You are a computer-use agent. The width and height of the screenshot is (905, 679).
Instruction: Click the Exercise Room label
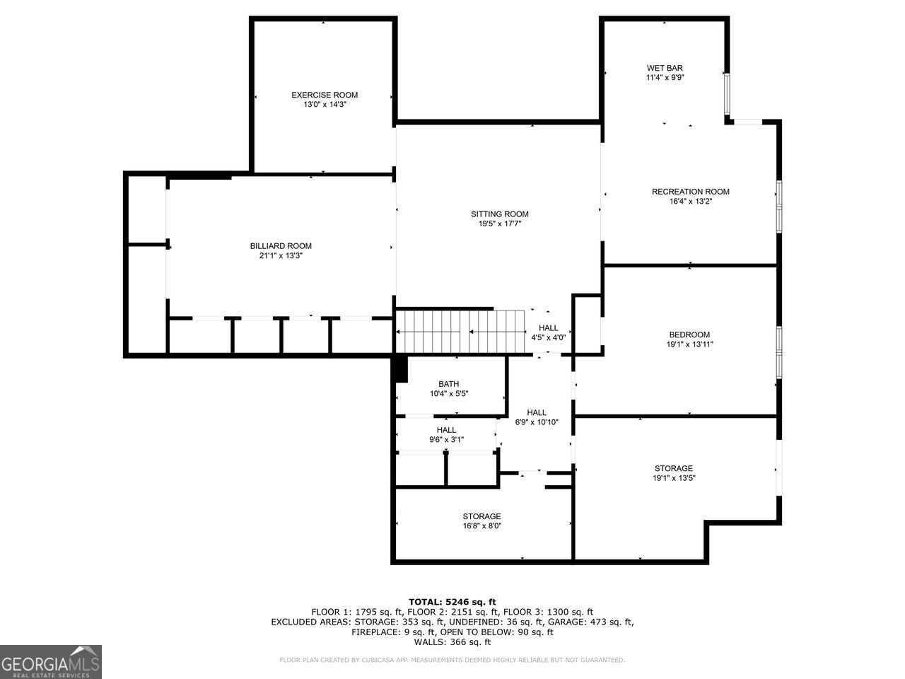click(x=325, y=95)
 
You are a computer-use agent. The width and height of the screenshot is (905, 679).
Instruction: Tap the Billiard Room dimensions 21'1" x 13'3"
click(x=281, y=256)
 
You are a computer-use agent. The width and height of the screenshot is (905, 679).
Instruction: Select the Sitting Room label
click(x=500, y=214)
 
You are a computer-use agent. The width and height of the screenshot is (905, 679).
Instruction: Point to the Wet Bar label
click(x=665, y=69)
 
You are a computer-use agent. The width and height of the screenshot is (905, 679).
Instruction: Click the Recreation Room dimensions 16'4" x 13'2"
click(x=690, y=201)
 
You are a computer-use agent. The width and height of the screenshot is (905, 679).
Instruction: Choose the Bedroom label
click(x=689, y=335)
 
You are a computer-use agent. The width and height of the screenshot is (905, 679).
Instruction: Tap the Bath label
click(x=448, y=384)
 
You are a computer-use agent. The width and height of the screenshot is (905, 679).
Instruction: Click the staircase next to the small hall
click(x=460, y=331)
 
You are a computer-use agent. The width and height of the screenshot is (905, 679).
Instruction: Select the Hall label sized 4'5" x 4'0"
click(x=548, y=328)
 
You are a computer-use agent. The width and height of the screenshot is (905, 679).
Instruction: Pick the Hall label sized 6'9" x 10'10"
click(x=537, y=413)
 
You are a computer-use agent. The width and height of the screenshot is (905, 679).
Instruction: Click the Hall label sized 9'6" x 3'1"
click(x=446, y=430)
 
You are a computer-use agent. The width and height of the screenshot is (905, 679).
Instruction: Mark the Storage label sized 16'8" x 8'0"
click(x=481, y=516)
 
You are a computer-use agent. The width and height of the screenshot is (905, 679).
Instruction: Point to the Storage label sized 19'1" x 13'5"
click(x=673, y=468)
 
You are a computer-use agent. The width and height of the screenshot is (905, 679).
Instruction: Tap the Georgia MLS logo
click(x=51, y=662)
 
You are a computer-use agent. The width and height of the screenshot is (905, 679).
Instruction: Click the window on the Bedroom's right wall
click(x=778, y=351)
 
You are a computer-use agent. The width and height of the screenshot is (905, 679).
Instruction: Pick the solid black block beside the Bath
click(x=400, y=369)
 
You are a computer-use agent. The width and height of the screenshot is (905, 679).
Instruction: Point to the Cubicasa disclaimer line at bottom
click(x=452, y=660)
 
